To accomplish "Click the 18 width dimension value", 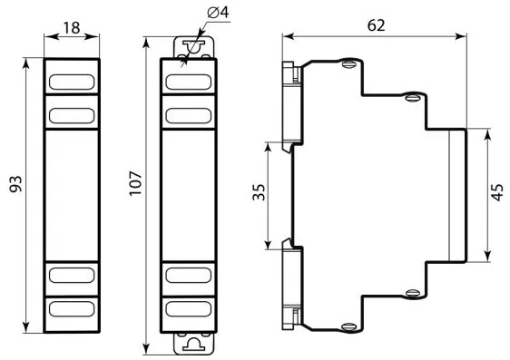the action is coord(72,27).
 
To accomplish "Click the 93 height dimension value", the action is coord(15,184).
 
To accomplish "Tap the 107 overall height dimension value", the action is coord(135,183).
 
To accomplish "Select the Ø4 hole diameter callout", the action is coord(218,13).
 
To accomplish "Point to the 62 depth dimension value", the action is coord(376,25).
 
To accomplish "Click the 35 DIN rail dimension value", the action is coord(260,192).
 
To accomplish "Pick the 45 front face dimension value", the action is coord(497,192).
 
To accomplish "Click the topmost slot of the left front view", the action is coord(72,82).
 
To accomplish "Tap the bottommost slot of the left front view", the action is coord(72,308).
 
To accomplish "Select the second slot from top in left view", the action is coord(72,116).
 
